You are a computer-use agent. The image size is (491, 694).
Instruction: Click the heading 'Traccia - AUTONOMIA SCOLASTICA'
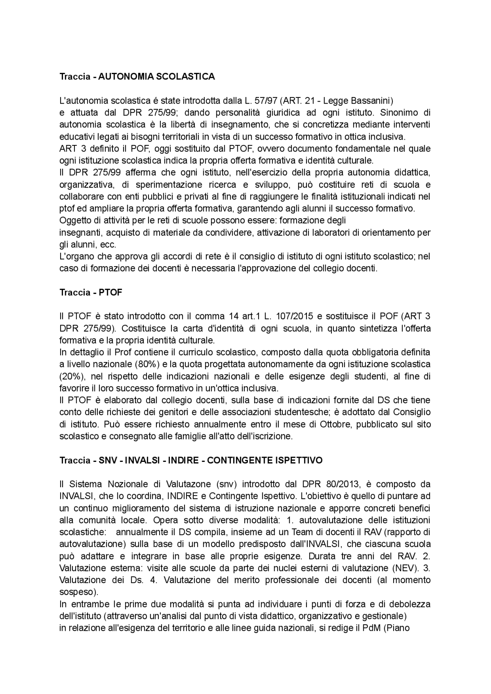tap(137, 77)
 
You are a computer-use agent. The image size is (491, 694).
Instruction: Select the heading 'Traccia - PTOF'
tap(91, 292)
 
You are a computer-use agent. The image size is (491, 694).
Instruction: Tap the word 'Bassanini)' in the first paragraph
tap(374, 101)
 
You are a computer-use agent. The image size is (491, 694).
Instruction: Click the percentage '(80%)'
tap(145, 364)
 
